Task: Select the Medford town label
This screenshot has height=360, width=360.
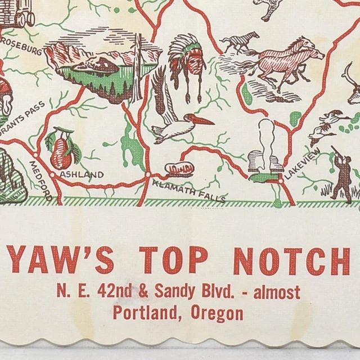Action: (x=42, y=179)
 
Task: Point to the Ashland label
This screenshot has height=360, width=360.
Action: (x=81, y=174)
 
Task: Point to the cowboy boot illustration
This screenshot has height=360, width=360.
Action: (x=265, y=148)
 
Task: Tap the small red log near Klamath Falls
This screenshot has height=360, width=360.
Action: (x=179, y=168)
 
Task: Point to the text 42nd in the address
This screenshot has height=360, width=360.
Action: (x=112, y=292)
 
